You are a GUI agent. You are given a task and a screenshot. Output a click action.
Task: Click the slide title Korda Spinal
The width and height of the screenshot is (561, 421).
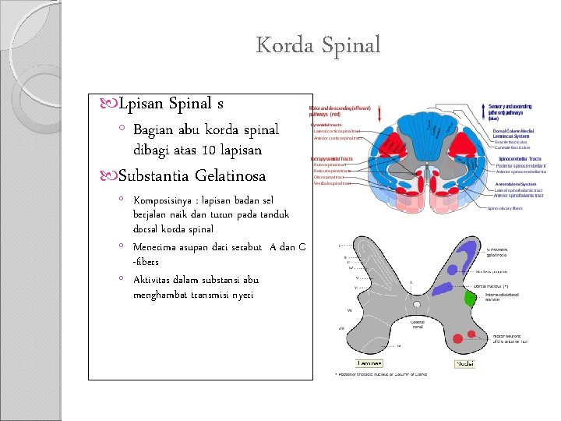coord(318,44)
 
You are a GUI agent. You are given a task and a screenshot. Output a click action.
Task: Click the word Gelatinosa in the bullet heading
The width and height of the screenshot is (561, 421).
coord(231,175)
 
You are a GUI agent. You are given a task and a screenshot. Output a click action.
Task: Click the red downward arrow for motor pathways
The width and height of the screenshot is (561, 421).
coord(379,114)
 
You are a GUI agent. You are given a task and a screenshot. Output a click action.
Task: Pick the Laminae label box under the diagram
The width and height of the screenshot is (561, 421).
coord(369,363)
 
